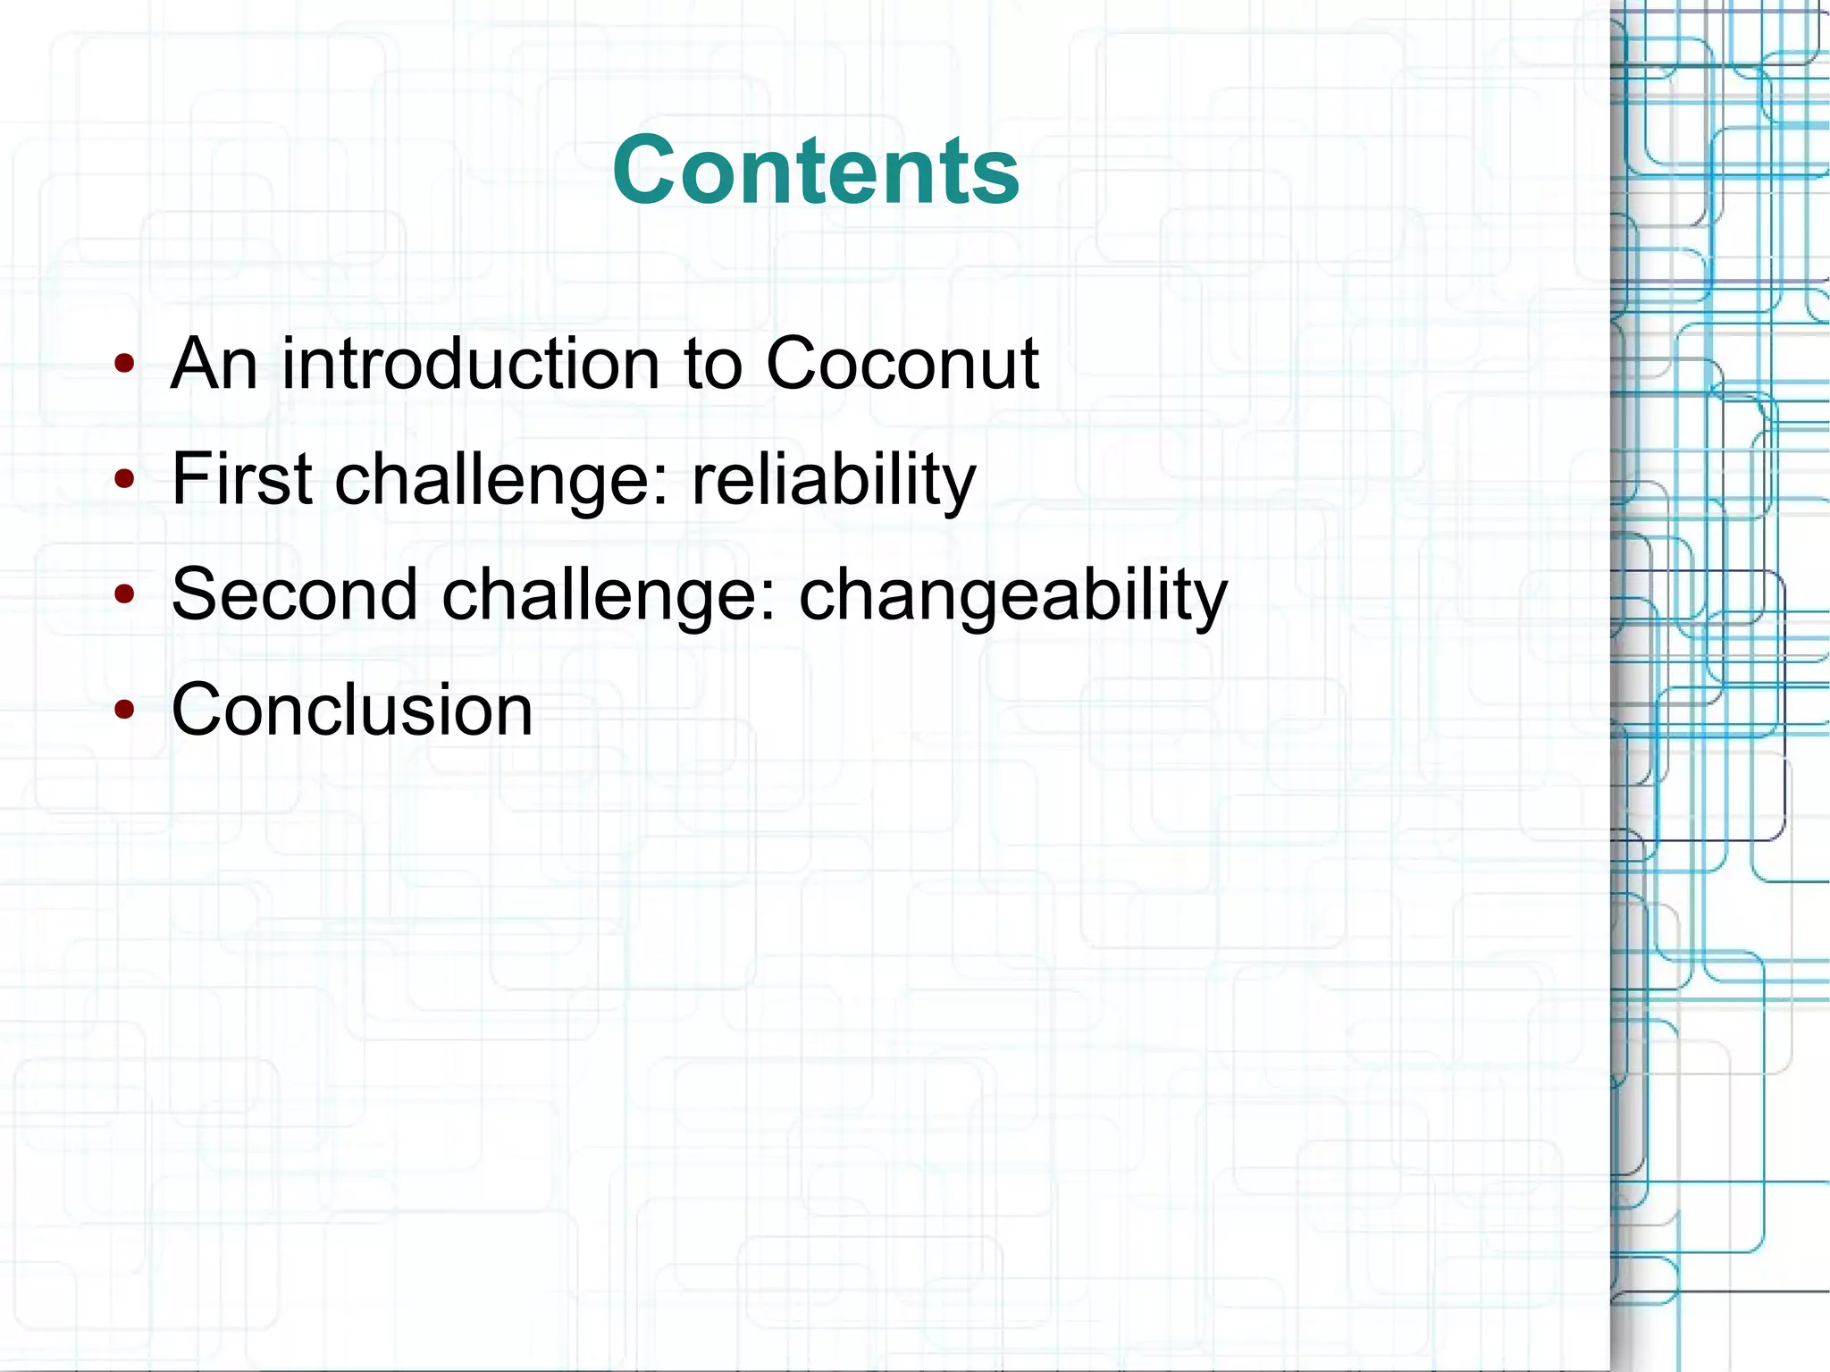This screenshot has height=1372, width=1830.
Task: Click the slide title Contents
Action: [815, 170]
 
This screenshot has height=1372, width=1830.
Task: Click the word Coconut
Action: [902, 364]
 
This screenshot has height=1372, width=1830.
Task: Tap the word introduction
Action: [470, 364]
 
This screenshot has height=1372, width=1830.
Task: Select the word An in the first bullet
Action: [214, 364]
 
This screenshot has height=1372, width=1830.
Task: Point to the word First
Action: [242, 479]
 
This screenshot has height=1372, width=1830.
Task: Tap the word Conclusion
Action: [352, 710]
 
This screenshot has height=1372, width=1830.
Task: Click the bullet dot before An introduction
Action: [125, 364]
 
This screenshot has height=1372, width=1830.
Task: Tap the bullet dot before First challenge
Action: [125, 479]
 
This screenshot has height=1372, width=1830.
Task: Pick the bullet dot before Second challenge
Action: [125, 594]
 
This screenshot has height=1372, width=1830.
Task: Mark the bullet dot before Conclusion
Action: [125, 710]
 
